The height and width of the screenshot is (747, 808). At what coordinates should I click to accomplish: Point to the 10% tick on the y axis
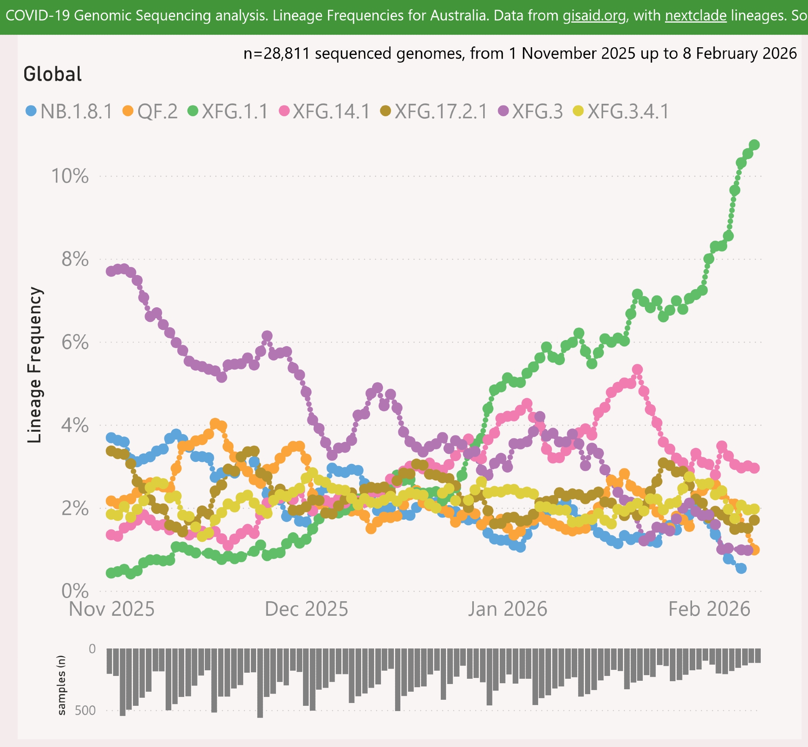pos(69,176)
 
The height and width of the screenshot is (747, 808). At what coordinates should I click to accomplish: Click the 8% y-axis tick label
pos(75,259)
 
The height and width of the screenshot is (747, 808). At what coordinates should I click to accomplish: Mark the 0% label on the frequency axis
pos(75,591)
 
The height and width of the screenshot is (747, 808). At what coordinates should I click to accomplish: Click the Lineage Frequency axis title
pos(35,365)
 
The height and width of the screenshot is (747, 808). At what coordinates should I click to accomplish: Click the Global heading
pos(53,74)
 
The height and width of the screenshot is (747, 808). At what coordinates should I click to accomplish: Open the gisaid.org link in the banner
pos(594,16)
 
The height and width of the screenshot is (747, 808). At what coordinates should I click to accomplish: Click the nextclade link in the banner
pos(696,16)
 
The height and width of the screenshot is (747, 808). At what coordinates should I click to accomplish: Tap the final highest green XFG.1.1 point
pos(754,145)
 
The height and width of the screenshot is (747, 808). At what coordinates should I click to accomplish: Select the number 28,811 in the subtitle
pos(286,53)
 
